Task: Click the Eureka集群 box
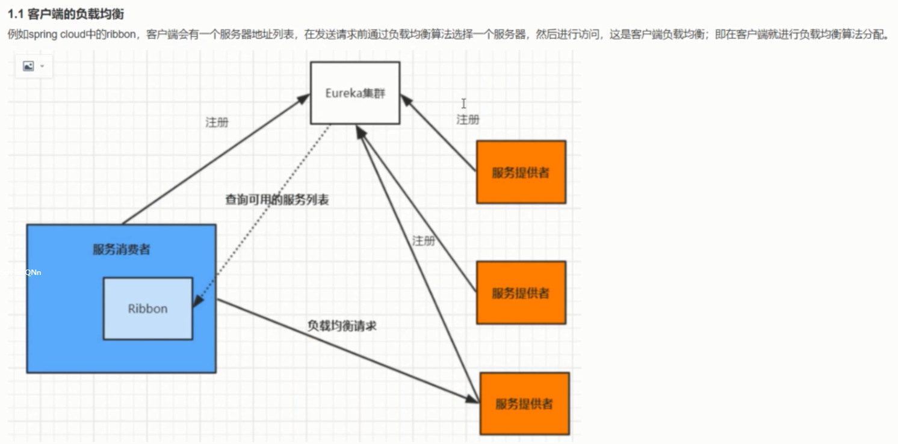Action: pyautogui.click(x=355, y=93)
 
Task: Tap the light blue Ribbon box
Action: pyautogui.click(x=147, y=309)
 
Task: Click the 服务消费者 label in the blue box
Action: pyautogui.click(x=121, y=250)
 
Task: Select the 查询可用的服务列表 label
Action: pyautogui.click(x=277, y=200)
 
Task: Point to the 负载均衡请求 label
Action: pyautogui.click(x=342, y=326)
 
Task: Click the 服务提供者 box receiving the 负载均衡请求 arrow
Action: pyautogui.click(x=524, y=404)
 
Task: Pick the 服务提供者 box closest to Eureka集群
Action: pyautogui.click(x=521, y=172)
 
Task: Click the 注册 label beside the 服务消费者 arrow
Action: pyautogui.click(x=217, y=122)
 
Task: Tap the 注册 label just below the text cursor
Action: pyautogui.click(x=468, y=120)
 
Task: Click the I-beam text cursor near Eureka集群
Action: pyautogui.click(x=463, y=103)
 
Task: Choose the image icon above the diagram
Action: pyautogui.click(x=28, y=66)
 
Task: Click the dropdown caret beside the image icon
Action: pyautogui.click(x=43, y=66)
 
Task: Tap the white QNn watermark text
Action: pyautogui.click(x=33, y=273)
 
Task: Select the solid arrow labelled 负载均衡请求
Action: pyautogui.click(x=343, y=349)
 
